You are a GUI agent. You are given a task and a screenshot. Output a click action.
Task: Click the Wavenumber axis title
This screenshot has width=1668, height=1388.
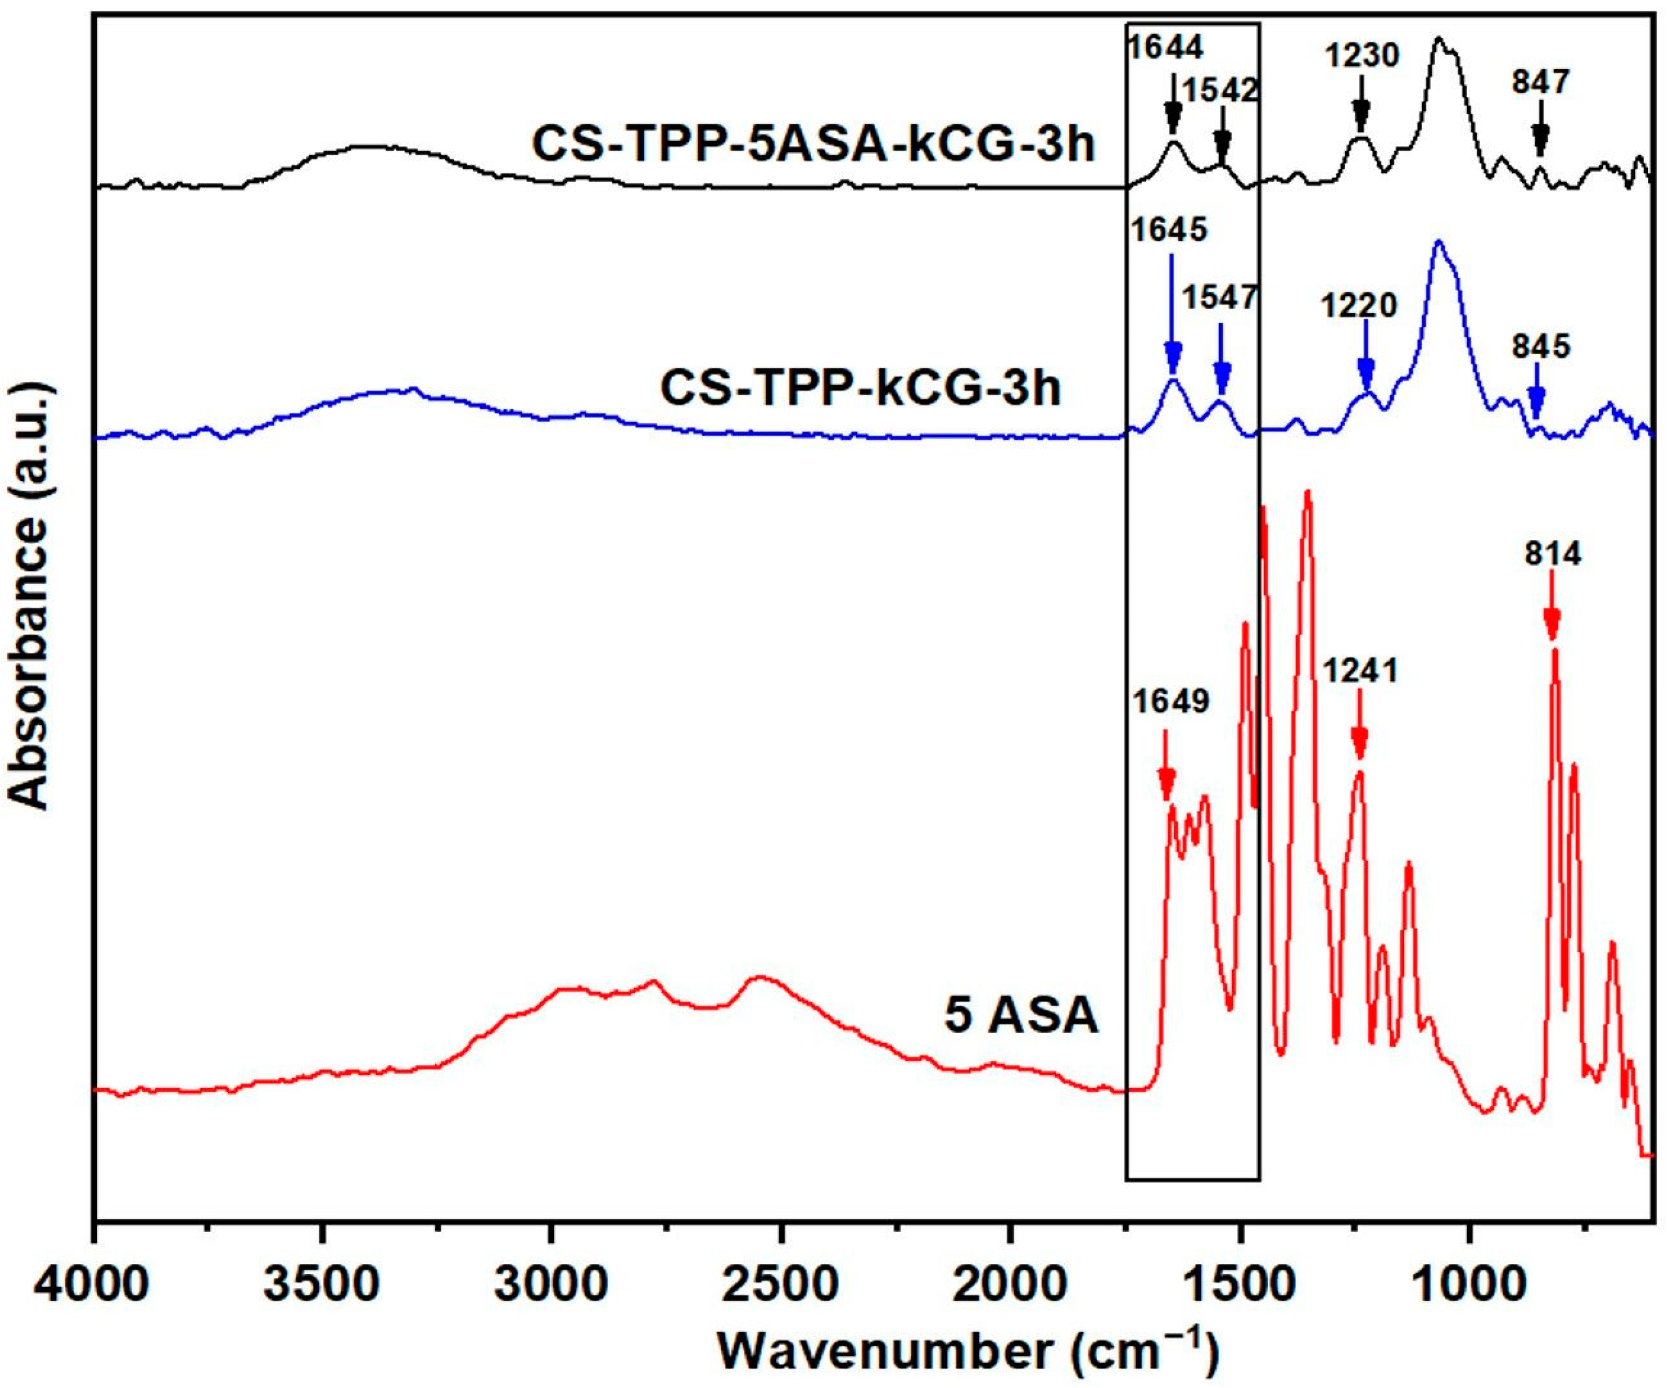(968, 1352)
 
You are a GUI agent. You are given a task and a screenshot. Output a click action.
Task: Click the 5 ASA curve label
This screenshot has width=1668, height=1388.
(1021, 1016)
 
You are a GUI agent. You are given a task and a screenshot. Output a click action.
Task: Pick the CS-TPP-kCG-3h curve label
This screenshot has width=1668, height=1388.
(860, 389)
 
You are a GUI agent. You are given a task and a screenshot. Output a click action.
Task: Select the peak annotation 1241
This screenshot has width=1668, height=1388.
(1360, 671)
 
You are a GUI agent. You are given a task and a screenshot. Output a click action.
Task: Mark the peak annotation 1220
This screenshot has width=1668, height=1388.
(1359, 305)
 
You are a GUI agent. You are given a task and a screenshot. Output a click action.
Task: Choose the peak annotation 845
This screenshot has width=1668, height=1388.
(1541, 346)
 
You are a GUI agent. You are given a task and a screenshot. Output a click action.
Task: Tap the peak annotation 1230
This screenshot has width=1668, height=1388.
(1361, 56)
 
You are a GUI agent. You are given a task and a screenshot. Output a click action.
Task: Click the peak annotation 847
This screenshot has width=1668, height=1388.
(1541, 82)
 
